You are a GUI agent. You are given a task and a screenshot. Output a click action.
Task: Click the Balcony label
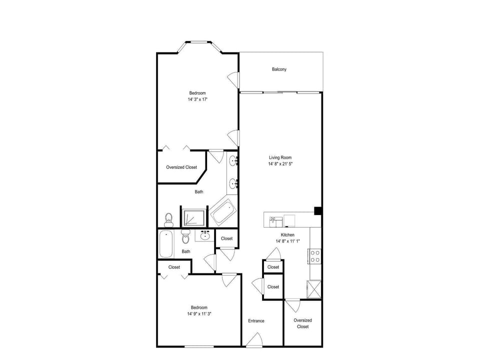[279, 69]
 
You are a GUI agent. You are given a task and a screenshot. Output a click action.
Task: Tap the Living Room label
[280, 157]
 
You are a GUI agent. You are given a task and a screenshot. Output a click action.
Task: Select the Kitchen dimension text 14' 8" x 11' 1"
[288, 241]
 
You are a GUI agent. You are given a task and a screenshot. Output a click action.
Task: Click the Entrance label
[256, 321]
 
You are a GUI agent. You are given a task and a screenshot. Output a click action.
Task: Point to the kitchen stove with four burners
[314, 256]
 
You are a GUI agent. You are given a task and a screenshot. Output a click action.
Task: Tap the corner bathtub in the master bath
[223, 212]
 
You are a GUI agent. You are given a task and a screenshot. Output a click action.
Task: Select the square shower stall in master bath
[194, 217]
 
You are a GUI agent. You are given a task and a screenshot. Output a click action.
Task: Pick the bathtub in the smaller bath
[166, 244]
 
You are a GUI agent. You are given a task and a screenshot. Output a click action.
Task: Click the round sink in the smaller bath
[205, 235]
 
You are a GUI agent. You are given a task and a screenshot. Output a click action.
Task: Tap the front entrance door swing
[254, 339]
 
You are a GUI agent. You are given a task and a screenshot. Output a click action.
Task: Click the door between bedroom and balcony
[234, 80]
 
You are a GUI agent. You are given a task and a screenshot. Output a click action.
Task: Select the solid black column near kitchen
[318, 211]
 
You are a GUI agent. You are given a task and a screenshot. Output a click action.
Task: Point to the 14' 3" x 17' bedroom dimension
[198, 99]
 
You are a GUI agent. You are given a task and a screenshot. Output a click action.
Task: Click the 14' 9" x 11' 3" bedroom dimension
[199, 314]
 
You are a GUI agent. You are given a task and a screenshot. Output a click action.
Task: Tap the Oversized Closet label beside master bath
[181, 167]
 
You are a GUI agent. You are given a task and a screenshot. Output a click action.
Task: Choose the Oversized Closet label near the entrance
[303, 323]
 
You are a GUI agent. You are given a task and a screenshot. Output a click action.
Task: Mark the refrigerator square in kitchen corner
[314, 289]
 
